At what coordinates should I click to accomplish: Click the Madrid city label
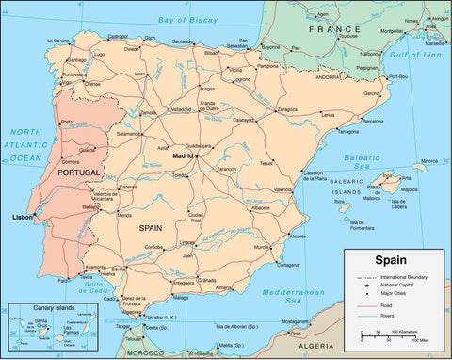[x=184, y=155]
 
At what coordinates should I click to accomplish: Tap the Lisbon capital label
[x=22, y=217]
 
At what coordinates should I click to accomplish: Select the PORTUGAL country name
[x=78, y=173]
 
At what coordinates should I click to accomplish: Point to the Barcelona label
[x=372, y=122]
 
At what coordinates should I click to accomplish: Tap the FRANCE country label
[x=328, y=29]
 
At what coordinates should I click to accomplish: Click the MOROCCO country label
[x=150, y=352]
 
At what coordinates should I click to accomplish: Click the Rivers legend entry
[x=387, y=314]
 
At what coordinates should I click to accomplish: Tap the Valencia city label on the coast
[x=282, y=189]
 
